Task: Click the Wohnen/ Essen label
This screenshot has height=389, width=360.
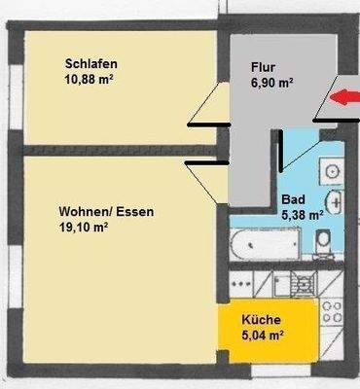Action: (106, 210)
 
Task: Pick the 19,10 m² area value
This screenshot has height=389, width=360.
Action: (82, 227)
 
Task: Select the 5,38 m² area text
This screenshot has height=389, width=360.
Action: (301, 215)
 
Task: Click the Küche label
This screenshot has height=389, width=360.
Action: (262, 320)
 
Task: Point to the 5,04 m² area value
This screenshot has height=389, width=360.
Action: (263, 335)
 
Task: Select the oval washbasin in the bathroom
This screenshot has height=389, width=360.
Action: (335, 202)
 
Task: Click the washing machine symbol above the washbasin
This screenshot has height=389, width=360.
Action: (331, 170)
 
